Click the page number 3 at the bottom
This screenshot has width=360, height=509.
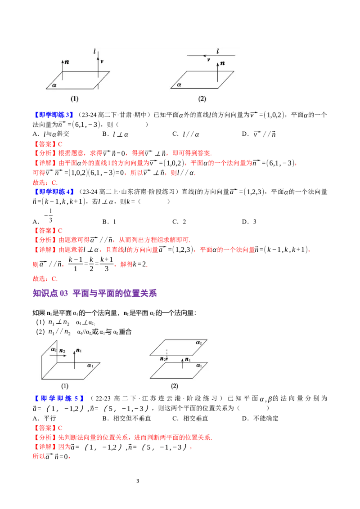[138, 481]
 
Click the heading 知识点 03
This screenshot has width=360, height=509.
[50, 294]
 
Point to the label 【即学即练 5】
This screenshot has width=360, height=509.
[59, 398]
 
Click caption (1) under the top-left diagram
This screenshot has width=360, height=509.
[74, 98]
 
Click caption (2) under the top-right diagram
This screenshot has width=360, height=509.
[202, 98]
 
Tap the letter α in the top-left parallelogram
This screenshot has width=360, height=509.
[54, 85]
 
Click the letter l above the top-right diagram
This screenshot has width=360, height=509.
[217, 51]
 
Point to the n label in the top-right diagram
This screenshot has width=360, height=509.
[222, 63]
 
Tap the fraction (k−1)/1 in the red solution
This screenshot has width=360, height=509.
[76, 264]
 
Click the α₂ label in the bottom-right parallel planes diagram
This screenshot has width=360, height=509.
[199, 343]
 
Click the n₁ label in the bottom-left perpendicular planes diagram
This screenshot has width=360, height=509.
[79, 351]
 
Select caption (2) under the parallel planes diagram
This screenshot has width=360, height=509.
[175, 386]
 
